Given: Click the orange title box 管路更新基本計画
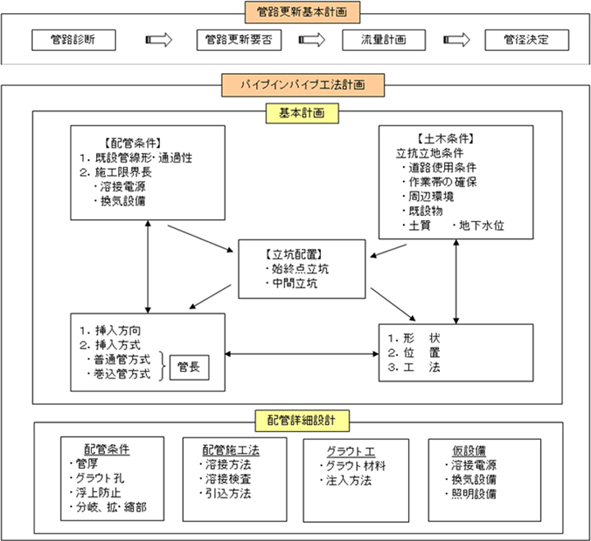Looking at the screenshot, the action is point(302,12).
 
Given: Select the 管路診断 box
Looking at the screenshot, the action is point(74,40).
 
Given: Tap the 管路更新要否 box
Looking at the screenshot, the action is point(239,40).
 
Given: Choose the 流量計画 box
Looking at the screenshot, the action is point(383,40).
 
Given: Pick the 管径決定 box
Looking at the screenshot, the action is point(526,40).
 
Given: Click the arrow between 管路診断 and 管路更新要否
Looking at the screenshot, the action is point(158,39).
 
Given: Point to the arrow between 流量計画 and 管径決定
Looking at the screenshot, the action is point(456,39).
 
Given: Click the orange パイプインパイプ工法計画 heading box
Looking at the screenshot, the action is point(303,85).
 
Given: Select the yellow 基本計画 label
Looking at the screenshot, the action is point(302,113).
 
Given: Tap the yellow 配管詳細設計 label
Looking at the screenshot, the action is point(302,420).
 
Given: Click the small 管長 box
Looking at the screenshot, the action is point(190,367).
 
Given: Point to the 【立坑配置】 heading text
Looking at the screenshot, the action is point(294,254).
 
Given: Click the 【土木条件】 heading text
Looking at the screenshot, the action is point(446,139).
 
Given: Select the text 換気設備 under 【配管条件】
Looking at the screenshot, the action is point(123,201).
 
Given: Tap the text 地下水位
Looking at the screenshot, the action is point(481,226).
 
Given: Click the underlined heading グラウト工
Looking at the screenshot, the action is point(351,452).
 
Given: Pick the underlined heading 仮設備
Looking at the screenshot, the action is point(470,451).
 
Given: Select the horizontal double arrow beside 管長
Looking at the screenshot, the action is point(302,354).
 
